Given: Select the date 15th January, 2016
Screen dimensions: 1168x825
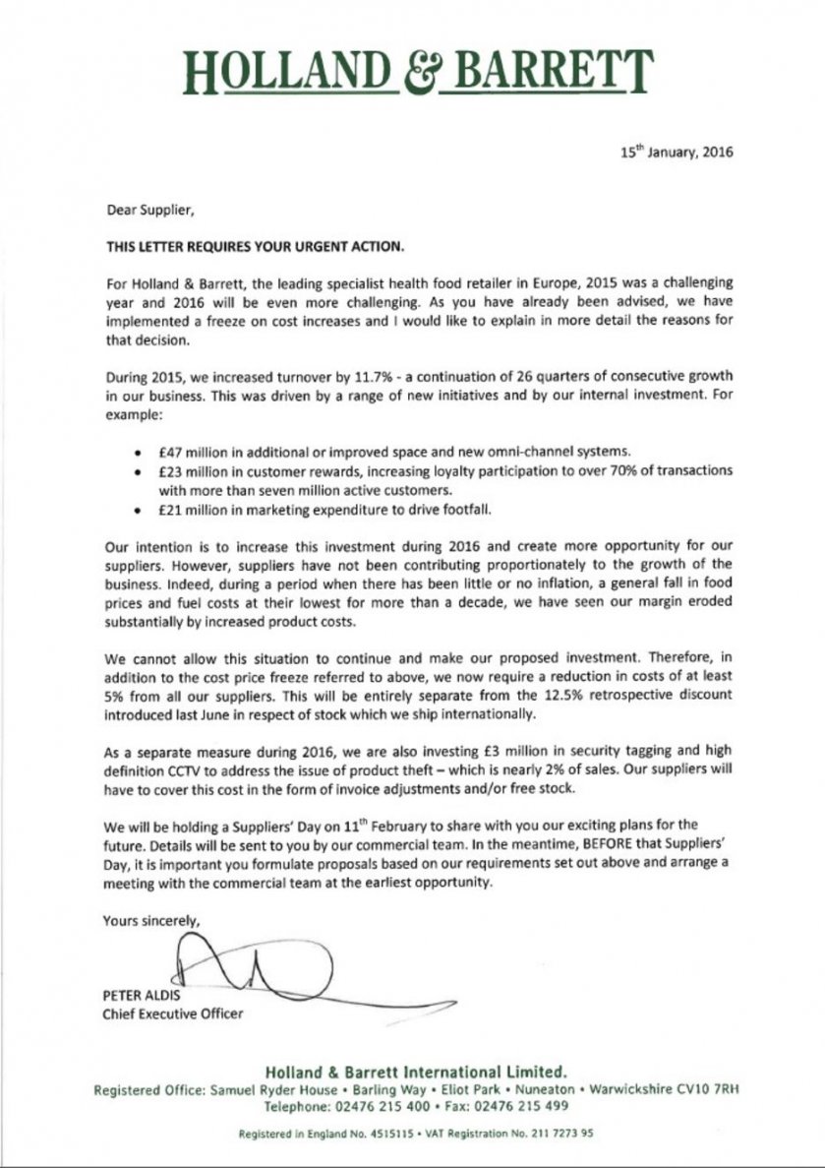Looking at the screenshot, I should coord(677,153).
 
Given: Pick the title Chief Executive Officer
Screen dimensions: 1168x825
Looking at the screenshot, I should coord(172,1013).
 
